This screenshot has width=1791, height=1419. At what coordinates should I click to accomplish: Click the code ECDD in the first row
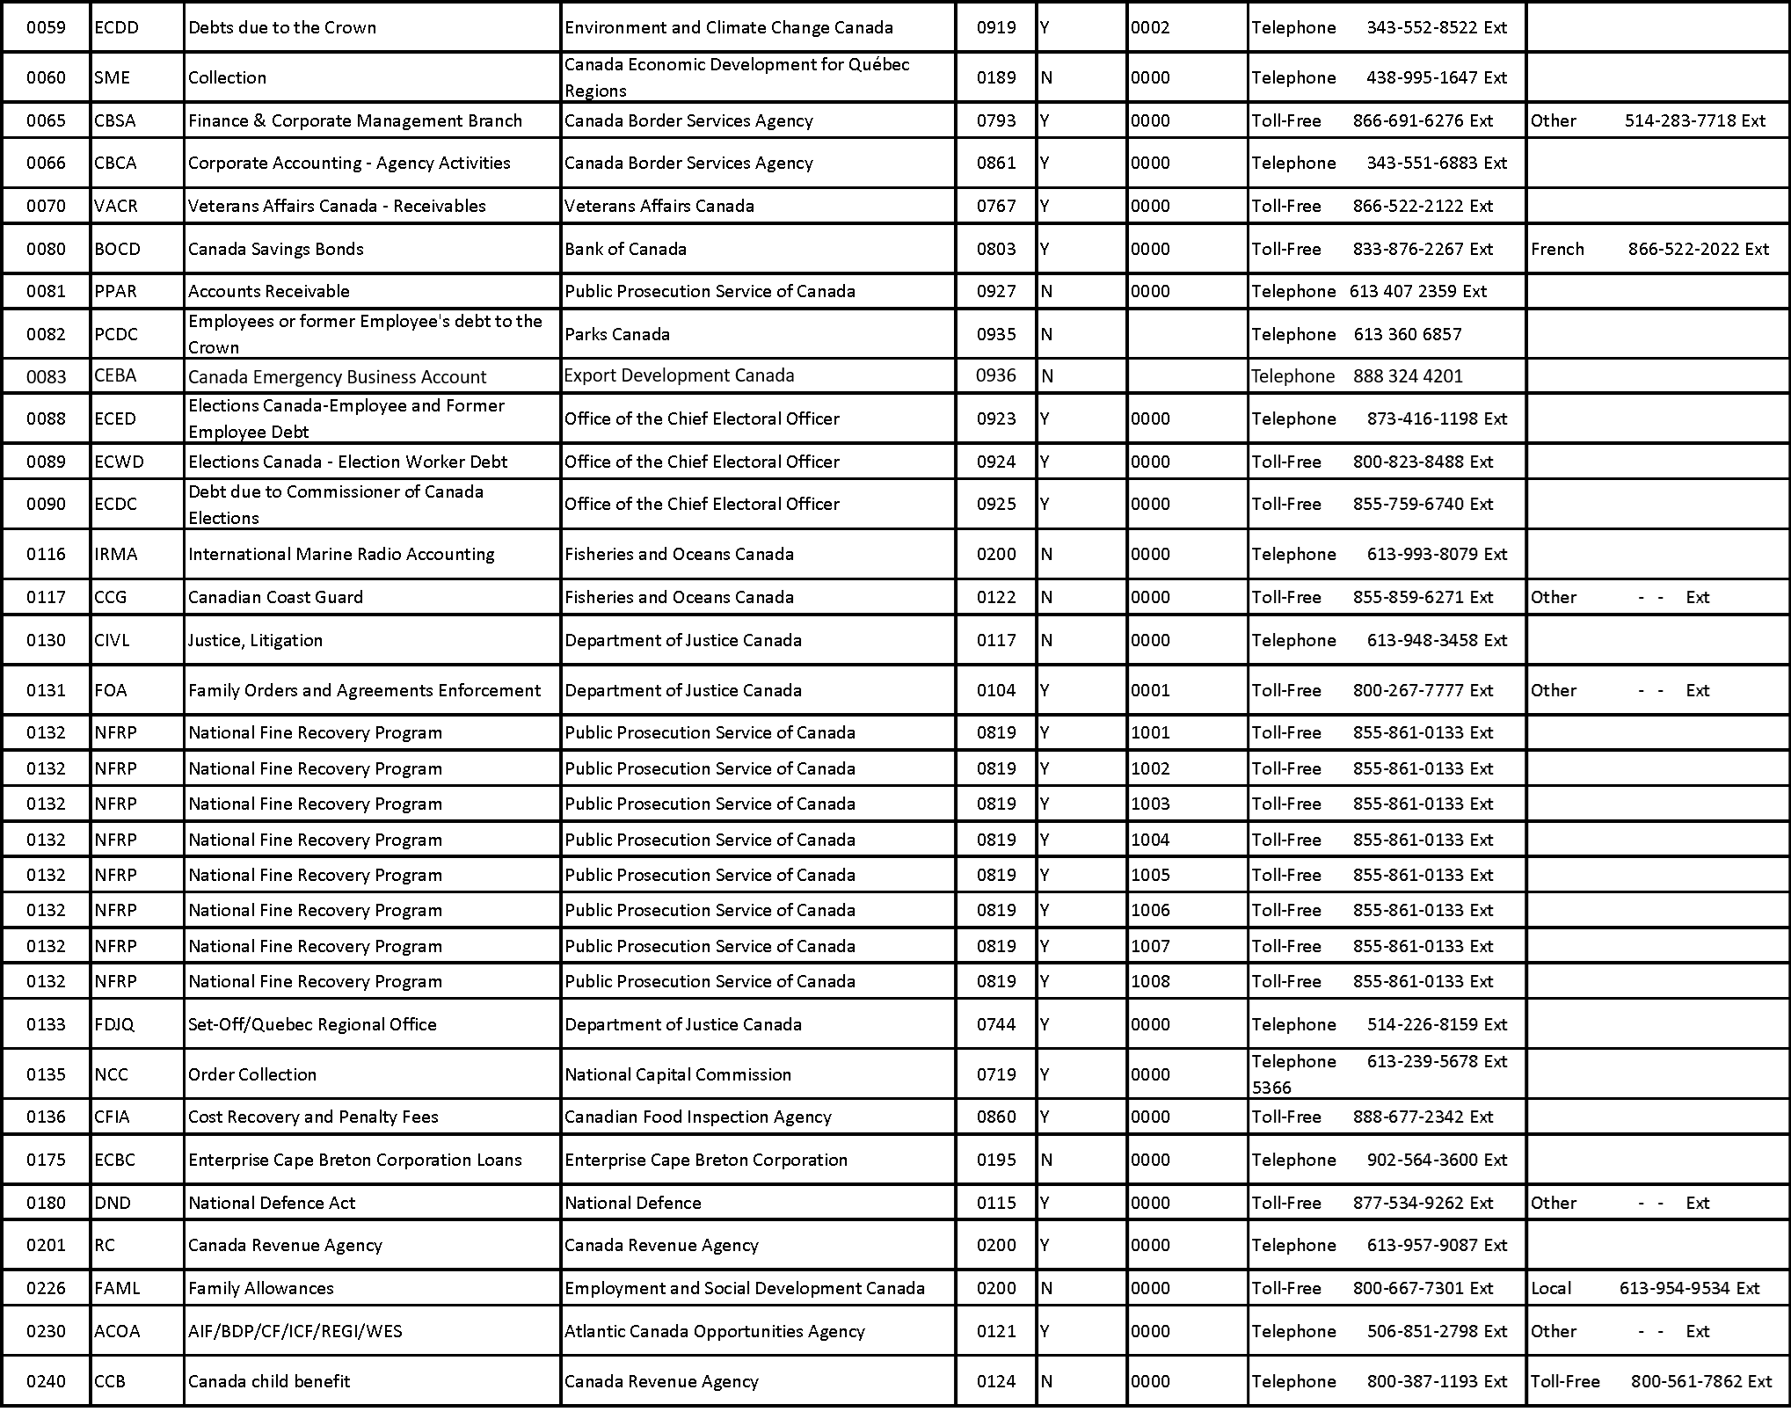pyautogui.click(x=116, y=27)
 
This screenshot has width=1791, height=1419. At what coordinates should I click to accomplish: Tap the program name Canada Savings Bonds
pyautogui.click(x=275, y=249)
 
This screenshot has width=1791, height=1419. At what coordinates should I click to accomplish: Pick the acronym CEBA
pyautogui.click(x=115, y=375)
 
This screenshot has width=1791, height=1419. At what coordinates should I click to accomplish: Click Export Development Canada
pyautogui.click(x=679, y=375)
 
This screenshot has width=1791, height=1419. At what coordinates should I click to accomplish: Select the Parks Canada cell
pyautogui.click(x=617, y=334)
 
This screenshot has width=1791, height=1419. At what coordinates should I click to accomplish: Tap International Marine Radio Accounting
pyautogui.click(x=341, y=554)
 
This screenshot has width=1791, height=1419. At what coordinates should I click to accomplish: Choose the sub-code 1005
pyautogui.click(x=1150, y=875)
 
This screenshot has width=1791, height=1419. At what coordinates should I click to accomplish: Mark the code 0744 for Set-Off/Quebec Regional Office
pyautogui.click(x=995, y=1024)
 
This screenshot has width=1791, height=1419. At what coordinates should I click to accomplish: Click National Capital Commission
pyautogui.click(x=678, y=1074)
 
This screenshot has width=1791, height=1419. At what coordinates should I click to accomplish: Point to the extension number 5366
pyautogui.click(x=1271, y=1088)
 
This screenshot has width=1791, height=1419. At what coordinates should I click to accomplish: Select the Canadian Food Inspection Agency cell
pyautogui.click(x=697, y=1117)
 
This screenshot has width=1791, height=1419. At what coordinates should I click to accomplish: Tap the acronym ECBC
pyautogui.click(x=114, y=1160)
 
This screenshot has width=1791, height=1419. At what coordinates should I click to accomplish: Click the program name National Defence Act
pyautogui.click(x=272, y=1203)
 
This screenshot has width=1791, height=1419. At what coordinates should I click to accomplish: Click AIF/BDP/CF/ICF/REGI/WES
pyautogui.click(x=295, y=1331)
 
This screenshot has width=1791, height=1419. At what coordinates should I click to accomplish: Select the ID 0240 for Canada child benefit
pyautogui.click(x=46, y=1381)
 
